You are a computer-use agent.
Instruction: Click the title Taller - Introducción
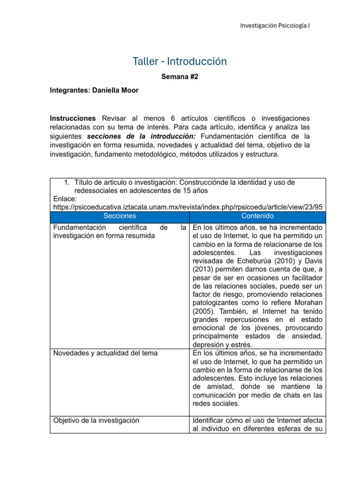180,61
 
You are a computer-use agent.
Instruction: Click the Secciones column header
120,216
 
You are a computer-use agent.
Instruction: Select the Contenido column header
257,216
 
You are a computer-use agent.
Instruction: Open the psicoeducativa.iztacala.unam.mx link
187,207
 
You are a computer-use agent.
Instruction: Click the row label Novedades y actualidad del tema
105,353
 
